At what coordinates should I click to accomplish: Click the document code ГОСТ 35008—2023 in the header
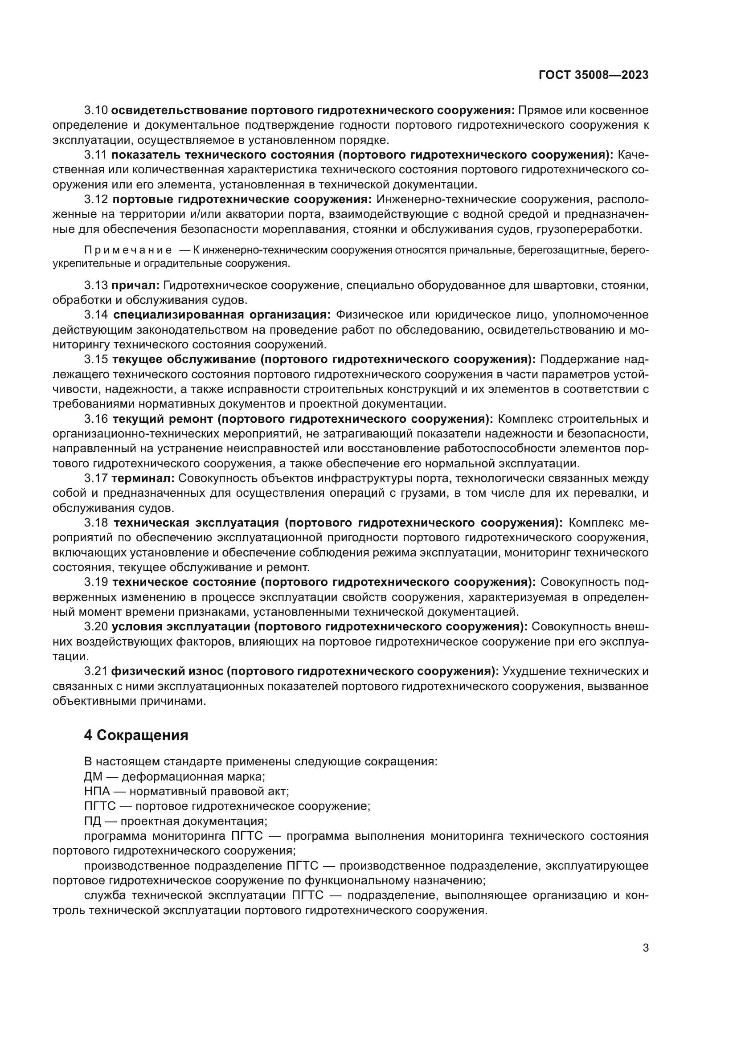[x=594, y=75]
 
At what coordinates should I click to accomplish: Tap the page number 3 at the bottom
[x=646, y=948]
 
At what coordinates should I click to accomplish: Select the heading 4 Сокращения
[x=136, y=735]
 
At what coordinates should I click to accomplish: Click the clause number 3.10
[x=96, y=110]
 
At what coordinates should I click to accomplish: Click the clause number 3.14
[x=96, y=315]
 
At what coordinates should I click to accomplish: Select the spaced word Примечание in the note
[x=128, y=250]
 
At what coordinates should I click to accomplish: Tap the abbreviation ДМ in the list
[x=93, y=776]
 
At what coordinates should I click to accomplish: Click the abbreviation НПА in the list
[x=97, y=792]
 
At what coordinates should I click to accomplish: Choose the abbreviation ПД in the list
[x=92, y=821]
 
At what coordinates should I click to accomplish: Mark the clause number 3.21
[x=96, y=671]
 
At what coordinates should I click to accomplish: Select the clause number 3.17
[x=96, y=478]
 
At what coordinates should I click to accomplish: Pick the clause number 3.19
[x=96, y=582]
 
